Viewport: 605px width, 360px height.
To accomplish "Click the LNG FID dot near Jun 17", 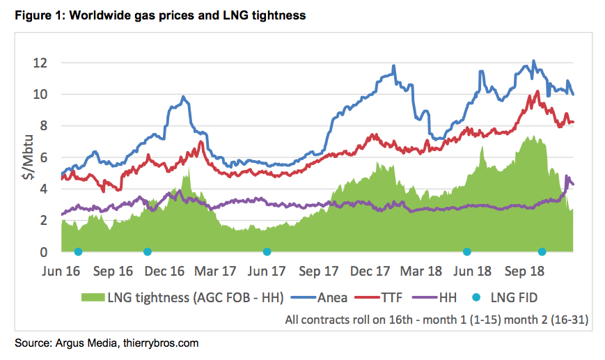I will pos(267,251).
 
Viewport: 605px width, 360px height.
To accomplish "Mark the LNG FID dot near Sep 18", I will pos(542,251).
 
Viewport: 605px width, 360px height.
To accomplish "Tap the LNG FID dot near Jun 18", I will pos(466,251).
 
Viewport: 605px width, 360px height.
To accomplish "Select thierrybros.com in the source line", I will pos(169,343).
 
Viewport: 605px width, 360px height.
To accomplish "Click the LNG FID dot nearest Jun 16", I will pos(78,251).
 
